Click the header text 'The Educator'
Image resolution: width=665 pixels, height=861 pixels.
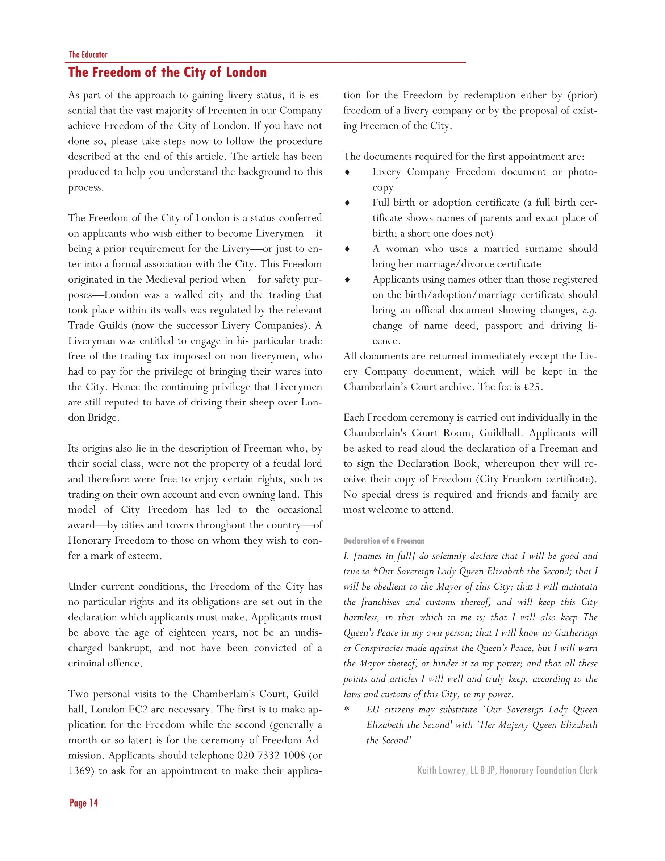[88, 54]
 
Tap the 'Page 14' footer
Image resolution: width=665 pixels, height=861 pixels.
[84, 803]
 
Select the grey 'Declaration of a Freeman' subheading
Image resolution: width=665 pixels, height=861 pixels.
[384, 541]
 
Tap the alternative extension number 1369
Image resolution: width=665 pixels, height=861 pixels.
[81, 771]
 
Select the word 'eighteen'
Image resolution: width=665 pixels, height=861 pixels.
[188, 633]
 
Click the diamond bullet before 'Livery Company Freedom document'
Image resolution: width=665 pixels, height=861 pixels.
[347, 172]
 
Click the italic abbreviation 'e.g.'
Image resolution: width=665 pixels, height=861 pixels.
[589, 311]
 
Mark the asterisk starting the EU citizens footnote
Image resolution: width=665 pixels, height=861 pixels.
[347, 710]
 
